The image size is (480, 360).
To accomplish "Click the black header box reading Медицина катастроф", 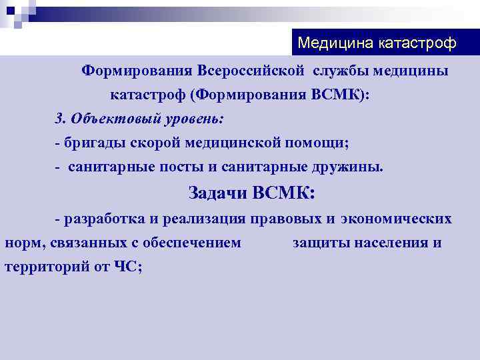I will coord(377,43).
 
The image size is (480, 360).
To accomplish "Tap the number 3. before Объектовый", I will coord(60,119).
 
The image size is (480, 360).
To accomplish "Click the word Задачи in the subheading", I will coord(218,193).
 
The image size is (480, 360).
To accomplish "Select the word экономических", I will coord(396,219).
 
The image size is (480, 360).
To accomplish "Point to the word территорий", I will coord(43,266).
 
